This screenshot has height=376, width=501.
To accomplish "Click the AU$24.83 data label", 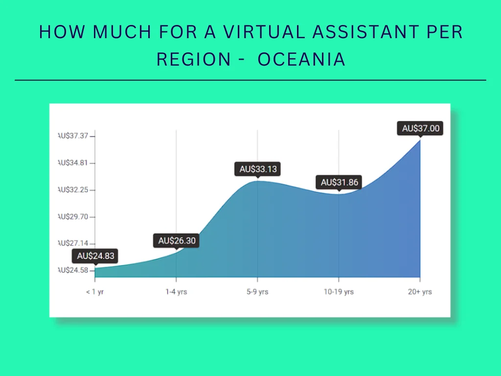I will tap(95, 256).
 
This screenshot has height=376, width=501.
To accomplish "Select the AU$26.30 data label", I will tap(176, 241).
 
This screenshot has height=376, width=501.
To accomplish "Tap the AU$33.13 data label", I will tap(258, 169).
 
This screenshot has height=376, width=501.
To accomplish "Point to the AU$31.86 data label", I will tap(340, 183).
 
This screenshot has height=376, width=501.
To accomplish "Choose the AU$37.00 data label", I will tap(421, 129).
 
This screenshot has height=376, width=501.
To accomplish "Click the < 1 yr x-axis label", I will tap(95, 292).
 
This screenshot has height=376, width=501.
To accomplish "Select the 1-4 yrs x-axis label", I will tap(176, 292).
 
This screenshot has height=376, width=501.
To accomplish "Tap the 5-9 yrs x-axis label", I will tap(258, 292).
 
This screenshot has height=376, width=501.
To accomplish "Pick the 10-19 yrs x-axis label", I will tap(339, 292).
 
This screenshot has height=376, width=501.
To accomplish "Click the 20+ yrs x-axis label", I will tap(420, 292).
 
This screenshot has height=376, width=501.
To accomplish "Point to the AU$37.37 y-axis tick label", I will tap(73, 136).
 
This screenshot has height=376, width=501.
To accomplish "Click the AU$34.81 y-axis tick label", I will tap(73, 163).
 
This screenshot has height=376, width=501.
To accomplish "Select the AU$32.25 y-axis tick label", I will tap(73, 189).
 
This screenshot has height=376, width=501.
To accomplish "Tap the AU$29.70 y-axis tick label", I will tap(73, 216).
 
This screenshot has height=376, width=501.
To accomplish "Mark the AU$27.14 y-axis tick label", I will tap(73, 243).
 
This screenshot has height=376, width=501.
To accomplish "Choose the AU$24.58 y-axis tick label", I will tap(73, 270).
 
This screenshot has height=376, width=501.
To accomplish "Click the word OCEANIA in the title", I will tap(301, 59).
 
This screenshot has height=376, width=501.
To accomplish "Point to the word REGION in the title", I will tap(193, 59).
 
